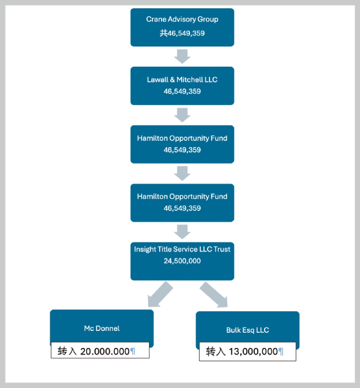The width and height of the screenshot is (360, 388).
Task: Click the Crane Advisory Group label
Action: click(182, 19)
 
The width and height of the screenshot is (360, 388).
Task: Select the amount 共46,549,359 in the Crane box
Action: click(182, 33)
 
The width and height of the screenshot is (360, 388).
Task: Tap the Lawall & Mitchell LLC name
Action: click(182, 80)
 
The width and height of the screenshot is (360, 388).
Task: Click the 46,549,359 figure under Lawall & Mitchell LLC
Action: click(182, 91)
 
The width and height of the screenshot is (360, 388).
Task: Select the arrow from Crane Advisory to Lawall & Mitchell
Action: click(182, 56)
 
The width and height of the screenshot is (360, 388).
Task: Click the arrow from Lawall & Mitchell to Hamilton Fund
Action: click(182, 115)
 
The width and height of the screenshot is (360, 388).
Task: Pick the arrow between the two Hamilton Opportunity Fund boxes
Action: click(182, 173)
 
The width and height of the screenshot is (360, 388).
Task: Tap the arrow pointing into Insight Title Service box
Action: click(182, 232)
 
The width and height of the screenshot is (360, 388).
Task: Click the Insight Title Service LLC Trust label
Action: click(182, 249)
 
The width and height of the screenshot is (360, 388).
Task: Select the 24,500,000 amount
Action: click(182, 261)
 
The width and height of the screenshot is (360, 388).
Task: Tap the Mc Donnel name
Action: click(102, 328)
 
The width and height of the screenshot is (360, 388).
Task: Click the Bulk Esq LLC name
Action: click(247, 330)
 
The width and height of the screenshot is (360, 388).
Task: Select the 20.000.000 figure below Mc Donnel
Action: click(105, 352)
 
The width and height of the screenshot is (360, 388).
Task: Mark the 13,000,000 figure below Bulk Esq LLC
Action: click(253, 352)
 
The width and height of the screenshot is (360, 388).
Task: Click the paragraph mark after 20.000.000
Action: click(132, 352)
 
